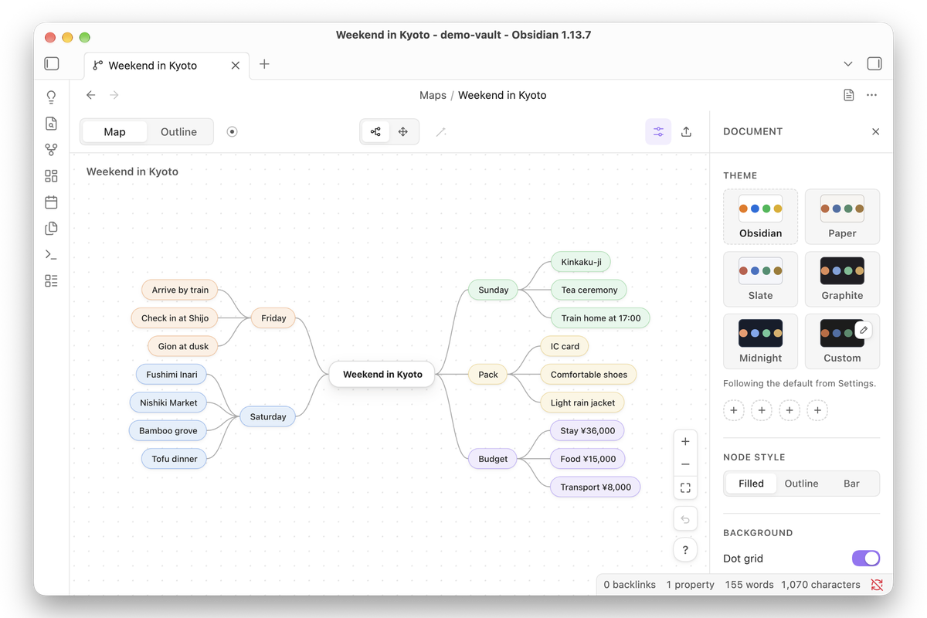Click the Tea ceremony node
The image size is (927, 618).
point(589,290)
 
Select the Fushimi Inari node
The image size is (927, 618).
point(171,374)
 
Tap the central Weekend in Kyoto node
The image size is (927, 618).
point(382,374)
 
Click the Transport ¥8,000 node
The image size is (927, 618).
point(595,487)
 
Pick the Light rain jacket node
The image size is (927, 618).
point(582,402)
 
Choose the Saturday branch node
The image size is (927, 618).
point(268,416)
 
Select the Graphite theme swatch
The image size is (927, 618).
point(842,279)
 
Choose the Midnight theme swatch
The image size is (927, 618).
point(760,341)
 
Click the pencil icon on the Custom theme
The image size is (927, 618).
point(864,331)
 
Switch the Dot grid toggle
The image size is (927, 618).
point(866,558)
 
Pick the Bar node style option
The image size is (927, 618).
point(851,484)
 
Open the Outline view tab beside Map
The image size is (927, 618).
point(178,131)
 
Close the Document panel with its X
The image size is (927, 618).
point(876,131)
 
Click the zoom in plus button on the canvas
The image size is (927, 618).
point(685,441)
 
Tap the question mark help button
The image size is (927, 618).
point(685,550)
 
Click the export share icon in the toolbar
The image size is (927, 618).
point(686,131)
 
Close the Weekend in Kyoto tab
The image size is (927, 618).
point(236,66)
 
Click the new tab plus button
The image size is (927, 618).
point(264,64)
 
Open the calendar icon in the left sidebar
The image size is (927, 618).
point(51,202)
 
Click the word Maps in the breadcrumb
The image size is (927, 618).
point(433,95)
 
